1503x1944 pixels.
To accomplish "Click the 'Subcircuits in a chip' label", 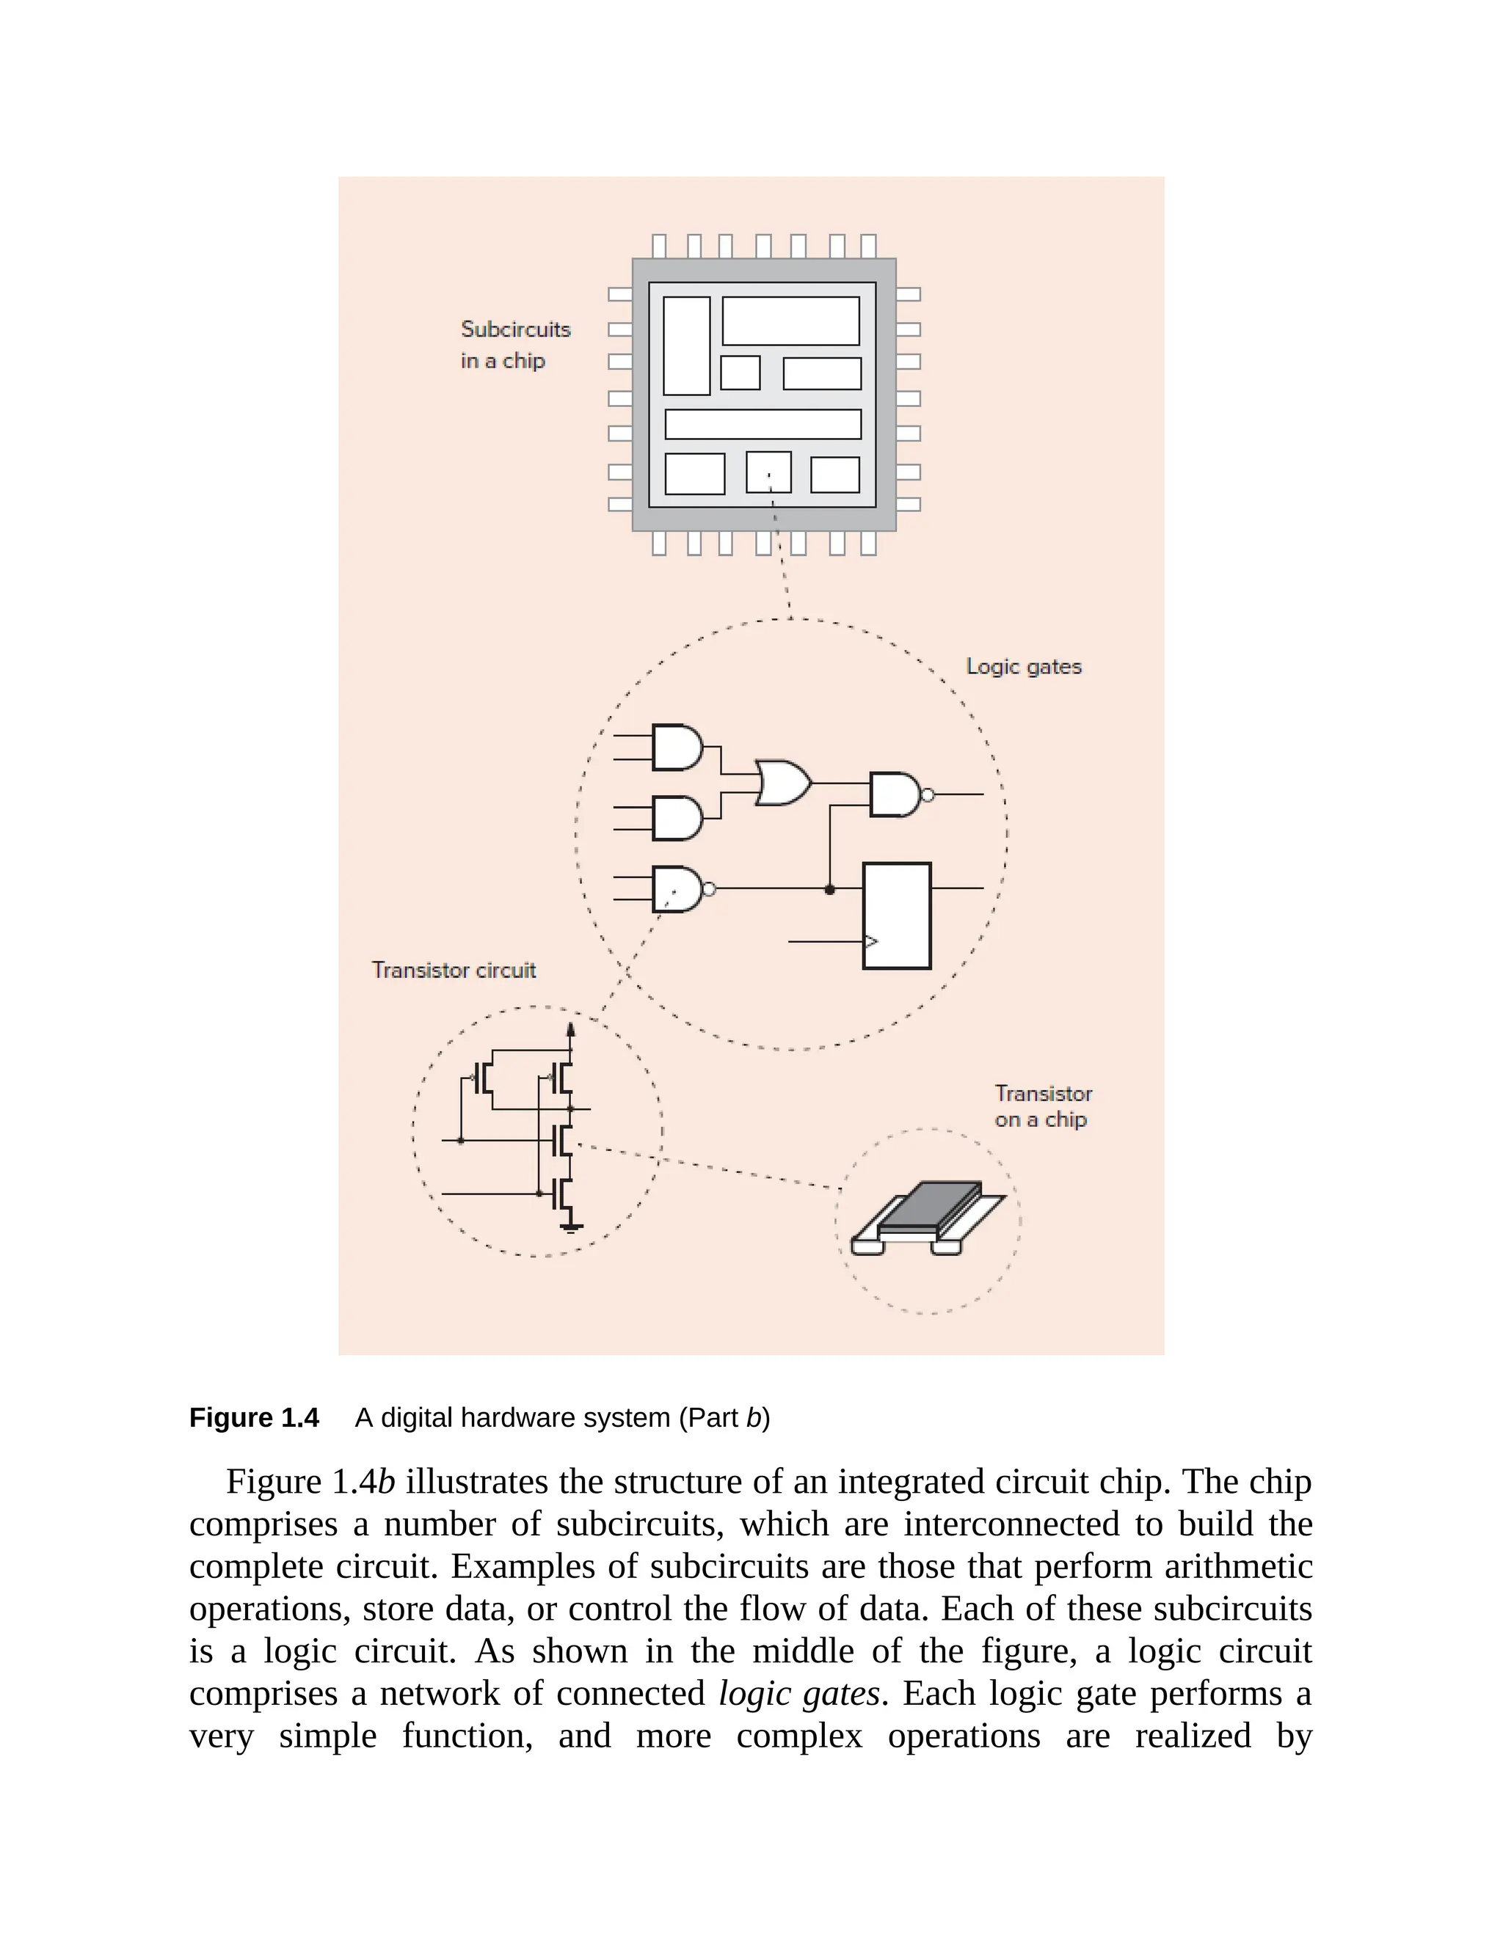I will click(514, 345).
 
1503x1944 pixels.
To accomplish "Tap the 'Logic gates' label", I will click(1023, 667).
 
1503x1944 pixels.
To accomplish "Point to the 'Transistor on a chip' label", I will click(1042, 1106).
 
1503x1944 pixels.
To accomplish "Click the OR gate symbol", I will click(782, 783).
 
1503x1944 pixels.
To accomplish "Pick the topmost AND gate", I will click(677, 747).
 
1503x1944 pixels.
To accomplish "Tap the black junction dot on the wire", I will click(830, 889).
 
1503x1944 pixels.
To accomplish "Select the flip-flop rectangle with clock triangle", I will click(897, 915).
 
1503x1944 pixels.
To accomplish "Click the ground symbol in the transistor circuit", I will click(572, 1227).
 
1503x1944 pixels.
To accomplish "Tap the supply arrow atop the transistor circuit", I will click(571, 1030).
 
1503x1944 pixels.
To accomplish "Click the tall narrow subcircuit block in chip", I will click(686, 346).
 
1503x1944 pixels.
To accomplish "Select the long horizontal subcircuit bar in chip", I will click(763, 424).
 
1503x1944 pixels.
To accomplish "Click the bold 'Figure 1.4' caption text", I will click(254, 1417).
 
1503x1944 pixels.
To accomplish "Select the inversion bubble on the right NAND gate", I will click(927, 795).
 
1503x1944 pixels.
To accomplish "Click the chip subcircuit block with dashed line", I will click(768, 472).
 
